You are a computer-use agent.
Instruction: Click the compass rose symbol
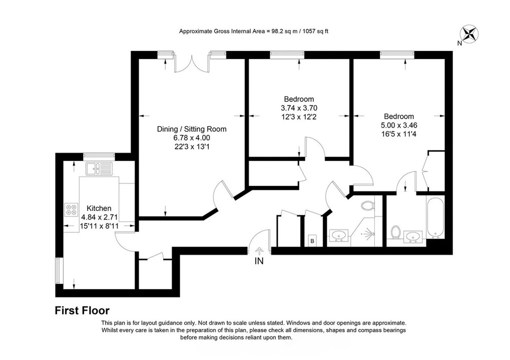pyautogui.click(x=469, y=34)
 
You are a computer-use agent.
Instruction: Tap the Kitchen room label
pyautogui.click(x=99, y=208)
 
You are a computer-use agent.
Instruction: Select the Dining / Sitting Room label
pyautogui.click(x=192, y=129)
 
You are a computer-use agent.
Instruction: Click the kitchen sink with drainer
pyautogui.click(x=99, y=168)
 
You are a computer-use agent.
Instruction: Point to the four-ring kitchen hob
pyautogui.click(x=71, y=209)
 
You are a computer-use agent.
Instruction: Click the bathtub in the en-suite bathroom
pyautogui.click(x=435, y=217)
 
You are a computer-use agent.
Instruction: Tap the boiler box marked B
pyautogui.click(x=313, y=241)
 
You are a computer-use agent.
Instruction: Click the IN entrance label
pyautogui.click(x=259, y=261)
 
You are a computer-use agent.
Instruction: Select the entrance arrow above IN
pyautogui.click(x=259, y=251)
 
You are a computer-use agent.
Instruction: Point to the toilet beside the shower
pyautogui.click(x=368, y=205)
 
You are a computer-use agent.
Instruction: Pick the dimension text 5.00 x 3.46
pyautogui.click(x=399, y=125)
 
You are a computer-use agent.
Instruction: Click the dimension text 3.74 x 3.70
pyautogui.click(x=299, y=108)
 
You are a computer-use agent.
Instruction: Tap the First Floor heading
pyautogui.click(x=82, y=310)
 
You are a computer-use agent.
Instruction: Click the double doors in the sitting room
pyautogui.click(x=192, y=63)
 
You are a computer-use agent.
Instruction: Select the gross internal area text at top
pyautogui.click(x=254, y=31)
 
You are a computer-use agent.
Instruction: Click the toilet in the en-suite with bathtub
pyautogui.click(x=396, y=231)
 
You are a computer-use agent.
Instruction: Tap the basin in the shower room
pyautogui.click(x=339, y=235)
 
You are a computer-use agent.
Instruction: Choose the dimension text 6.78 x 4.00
pyautogui.click(x=192, y=138)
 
